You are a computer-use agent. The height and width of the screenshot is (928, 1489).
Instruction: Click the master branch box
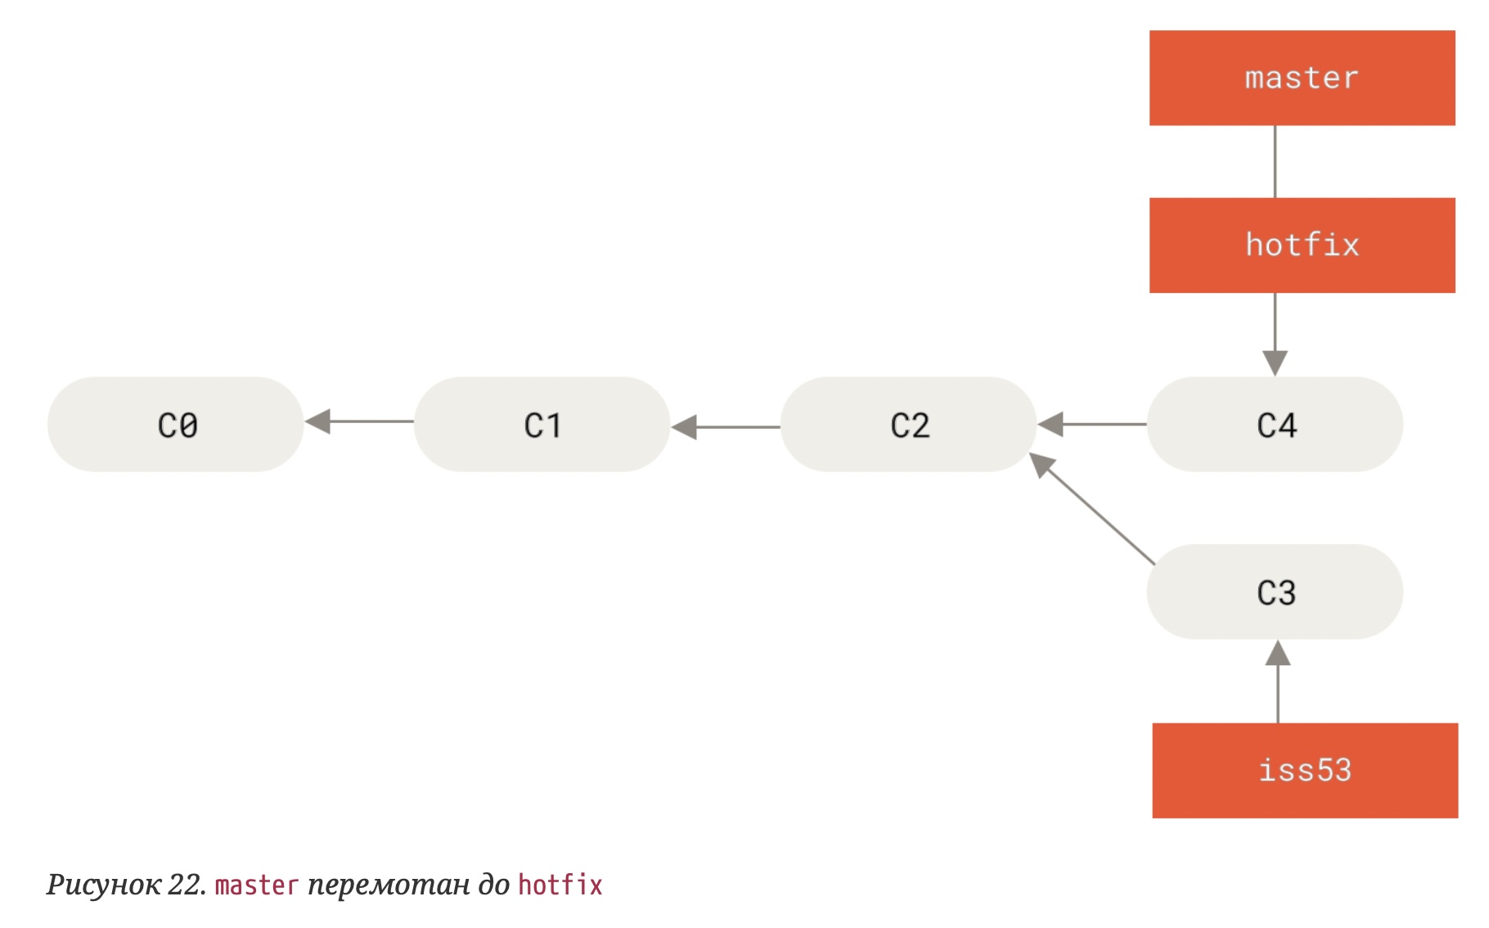click(x=1301, y=78)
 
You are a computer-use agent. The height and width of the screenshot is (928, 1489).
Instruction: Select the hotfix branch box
click(x=1301, y=245)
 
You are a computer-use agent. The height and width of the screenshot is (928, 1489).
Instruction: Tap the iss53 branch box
click(x=1304, y=770)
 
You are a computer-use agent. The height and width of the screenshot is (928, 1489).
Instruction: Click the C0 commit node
click(x=176, y=424)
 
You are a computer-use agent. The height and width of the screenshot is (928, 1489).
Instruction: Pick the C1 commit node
click(x=542, y=424)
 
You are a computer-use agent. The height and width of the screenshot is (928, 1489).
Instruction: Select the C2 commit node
click(x=908, y=424)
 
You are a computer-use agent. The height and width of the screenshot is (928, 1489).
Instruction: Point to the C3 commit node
click(x=1275, y=592)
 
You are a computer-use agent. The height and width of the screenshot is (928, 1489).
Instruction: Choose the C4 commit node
click(x=1275, y=424)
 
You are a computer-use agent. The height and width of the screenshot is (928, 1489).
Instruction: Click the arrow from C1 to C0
click(x=360, y=421)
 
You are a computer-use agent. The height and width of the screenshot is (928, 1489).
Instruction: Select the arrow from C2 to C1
click(x=726, y=426)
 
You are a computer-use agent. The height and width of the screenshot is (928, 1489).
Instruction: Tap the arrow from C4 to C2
click(x=1092, y=424)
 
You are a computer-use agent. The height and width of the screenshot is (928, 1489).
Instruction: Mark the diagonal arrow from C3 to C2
click(x=1092, y=508)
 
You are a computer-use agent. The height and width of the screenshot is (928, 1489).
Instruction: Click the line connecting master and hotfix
click(x=1275, y=161)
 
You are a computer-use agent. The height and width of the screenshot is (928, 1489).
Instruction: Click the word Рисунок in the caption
click(x=103, y=885)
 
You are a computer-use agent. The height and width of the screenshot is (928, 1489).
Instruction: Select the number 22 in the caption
click(x=185, y=885)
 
